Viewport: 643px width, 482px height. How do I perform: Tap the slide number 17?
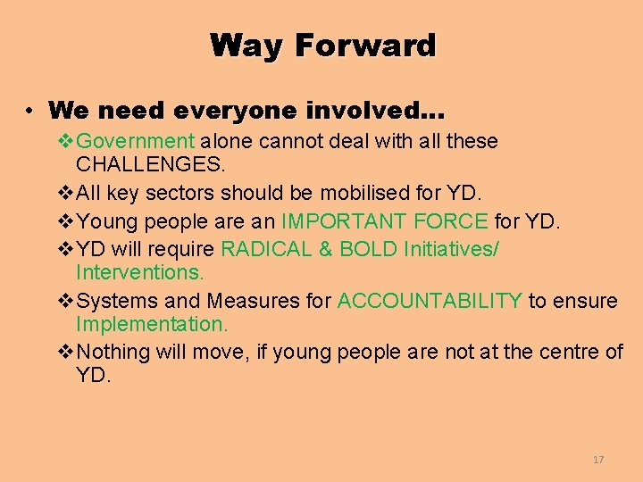click(x=598, y=460)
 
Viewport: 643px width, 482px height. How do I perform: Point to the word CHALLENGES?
click(x=151, y=164)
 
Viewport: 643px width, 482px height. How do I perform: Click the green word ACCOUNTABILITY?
click(x=430, y=302)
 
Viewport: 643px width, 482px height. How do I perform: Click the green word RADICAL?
click(x=264, y=248)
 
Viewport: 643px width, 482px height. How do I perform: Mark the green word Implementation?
click(x=152, y=325)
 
